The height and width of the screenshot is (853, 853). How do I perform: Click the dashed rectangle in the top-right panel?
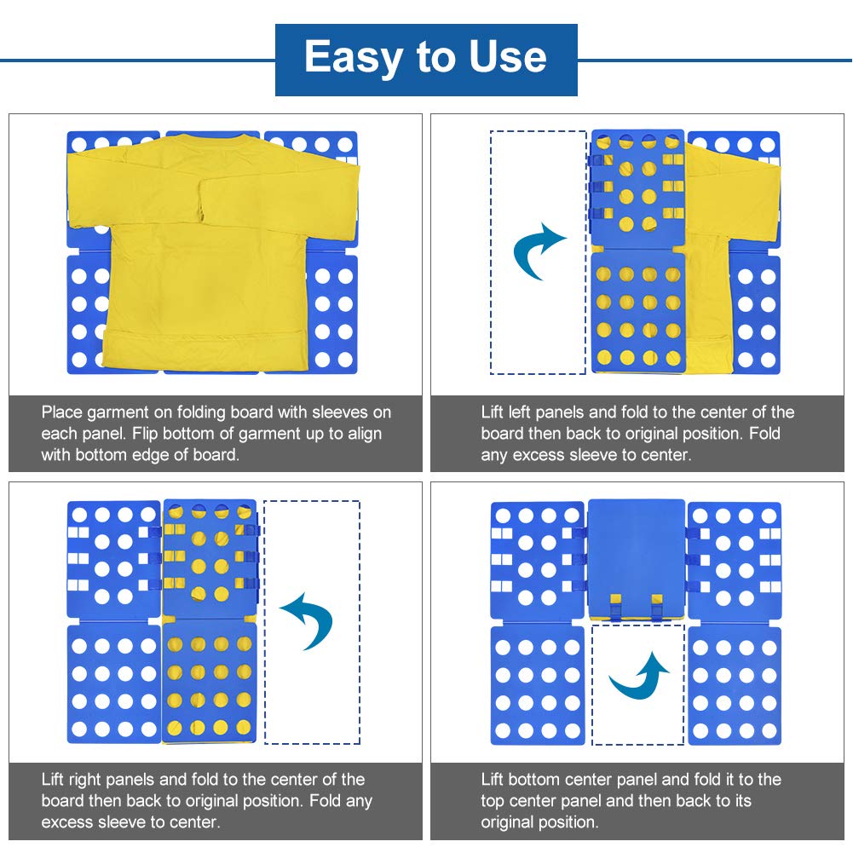[538, 252]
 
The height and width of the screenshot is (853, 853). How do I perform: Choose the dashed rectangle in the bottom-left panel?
[312, 622]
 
